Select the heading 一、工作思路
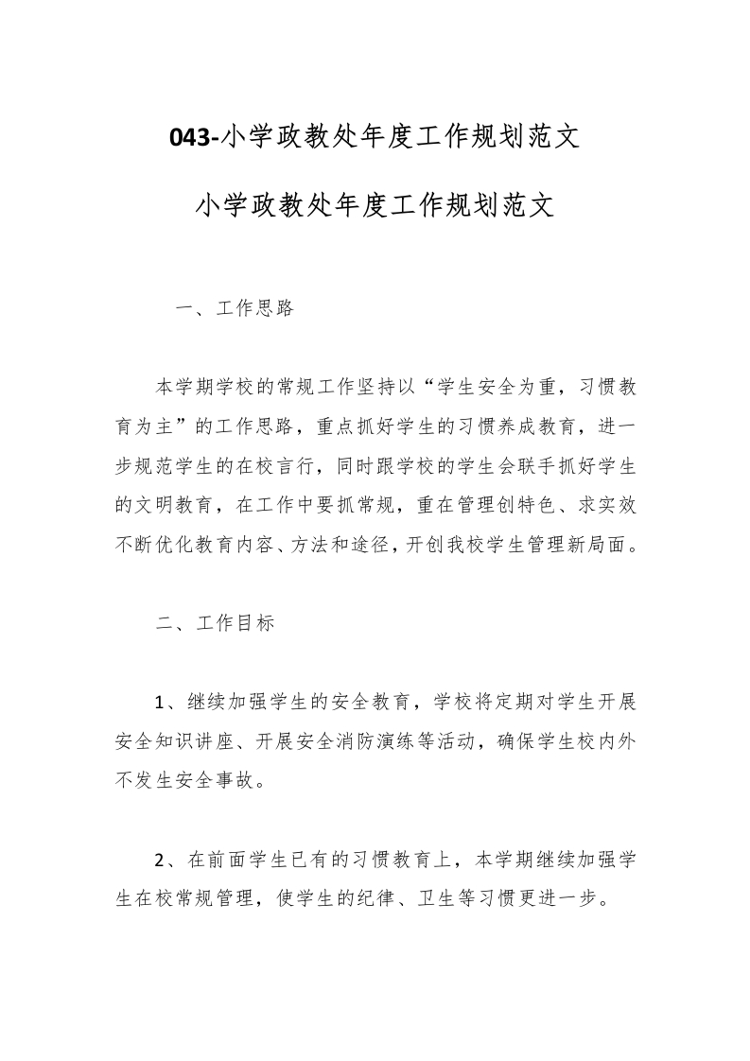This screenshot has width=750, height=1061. click(x=235, y=309)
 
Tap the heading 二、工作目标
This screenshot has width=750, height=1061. click(x=215, y=624)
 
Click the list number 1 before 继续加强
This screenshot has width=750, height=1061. click(x=161, y=703)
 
